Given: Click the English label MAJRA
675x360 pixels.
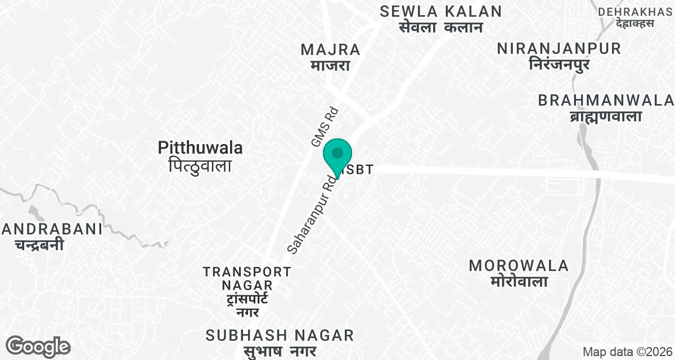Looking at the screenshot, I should click(x=330, y=49).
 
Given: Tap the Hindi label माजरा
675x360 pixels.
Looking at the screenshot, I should click(x=330, y=65).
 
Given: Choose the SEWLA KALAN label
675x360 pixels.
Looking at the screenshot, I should click(x=440, y=11).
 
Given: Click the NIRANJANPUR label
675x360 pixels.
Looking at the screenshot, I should click(x=559, y=48).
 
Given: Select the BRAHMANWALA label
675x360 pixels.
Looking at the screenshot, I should click(x=605, y=100).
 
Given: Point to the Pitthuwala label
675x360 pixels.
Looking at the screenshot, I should click(x=201, y=148).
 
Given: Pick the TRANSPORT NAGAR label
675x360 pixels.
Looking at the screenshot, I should click(x=247, y=278).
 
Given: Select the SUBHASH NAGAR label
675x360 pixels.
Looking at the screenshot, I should click(x=280, y=336).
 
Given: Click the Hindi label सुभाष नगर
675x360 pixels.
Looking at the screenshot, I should click(x=280, y=352).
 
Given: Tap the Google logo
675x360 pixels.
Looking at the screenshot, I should click(x=38, y=346).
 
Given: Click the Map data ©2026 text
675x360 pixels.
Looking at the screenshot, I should click(x=627, y=352).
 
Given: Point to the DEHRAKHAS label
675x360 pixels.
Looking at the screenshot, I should click(x=636, y=11).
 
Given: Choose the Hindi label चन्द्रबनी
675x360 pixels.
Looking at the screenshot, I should click(x=39, y=245).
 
